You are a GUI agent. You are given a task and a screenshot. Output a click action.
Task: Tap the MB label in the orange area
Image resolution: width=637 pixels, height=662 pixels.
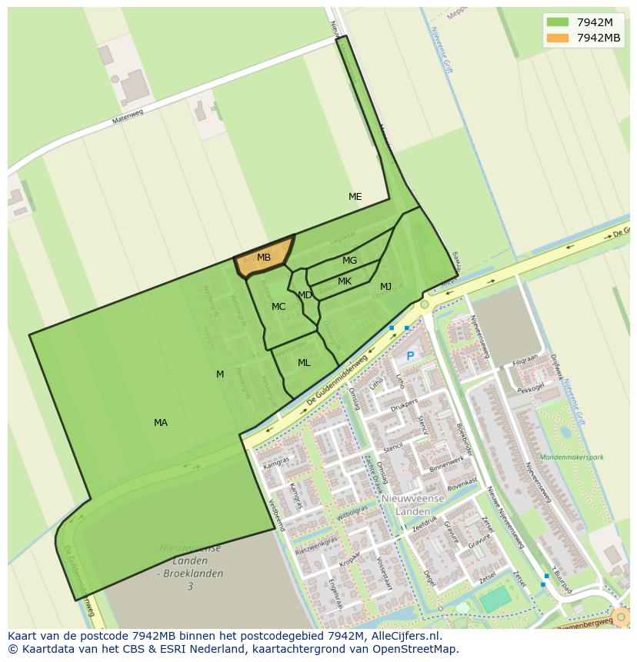click(x=264, y=258)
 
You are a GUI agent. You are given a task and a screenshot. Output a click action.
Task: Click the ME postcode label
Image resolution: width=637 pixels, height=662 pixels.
click(x=355, y=197)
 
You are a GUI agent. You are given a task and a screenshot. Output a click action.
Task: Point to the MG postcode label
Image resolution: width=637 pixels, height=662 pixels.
click(x=349, y=261)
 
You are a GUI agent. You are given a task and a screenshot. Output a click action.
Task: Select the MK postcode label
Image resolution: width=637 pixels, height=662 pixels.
click(x=345, y=281)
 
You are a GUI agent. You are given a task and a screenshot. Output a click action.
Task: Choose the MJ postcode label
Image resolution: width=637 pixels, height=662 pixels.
click(x=385, y=287)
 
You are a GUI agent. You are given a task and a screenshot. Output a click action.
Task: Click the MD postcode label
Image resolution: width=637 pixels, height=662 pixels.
click(x=305, y=295)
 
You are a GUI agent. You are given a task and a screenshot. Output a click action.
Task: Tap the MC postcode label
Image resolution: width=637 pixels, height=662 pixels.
click(x=278, y=307)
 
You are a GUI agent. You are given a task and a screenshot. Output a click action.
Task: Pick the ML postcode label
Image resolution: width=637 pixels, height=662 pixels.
click(x=304, y=363)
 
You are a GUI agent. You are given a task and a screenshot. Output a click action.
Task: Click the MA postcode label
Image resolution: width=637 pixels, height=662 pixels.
click(x=160, y=423)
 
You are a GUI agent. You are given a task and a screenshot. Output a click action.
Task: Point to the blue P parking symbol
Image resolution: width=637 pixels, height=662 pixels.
click(x=410, y=356)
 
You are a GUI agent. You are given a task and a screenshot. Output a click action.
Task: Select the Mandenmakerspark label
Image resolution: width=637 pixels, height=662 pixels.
click(x=572, y=457)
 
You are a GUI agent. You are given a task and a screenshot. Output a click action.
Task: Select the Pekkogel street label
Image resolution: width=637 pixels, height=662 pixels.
click(x=531, y=390)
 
